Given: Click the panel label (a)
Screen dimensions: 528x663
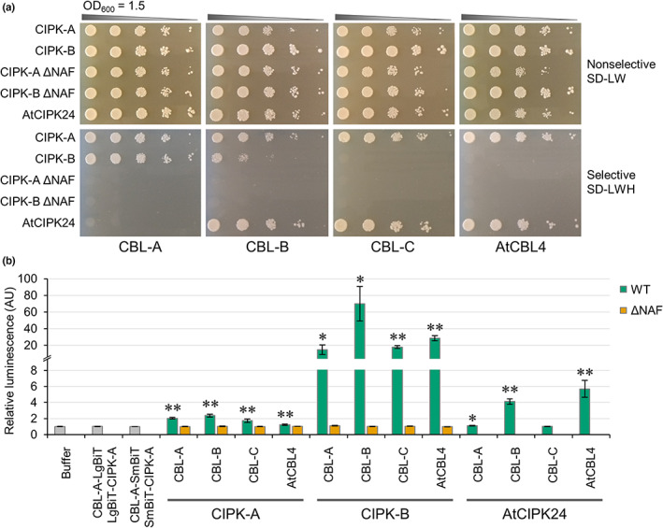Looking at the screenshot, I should tap(11, 7).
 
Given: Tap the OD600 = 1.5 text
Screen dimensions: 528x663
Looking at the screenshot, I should tap(114, 8).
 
